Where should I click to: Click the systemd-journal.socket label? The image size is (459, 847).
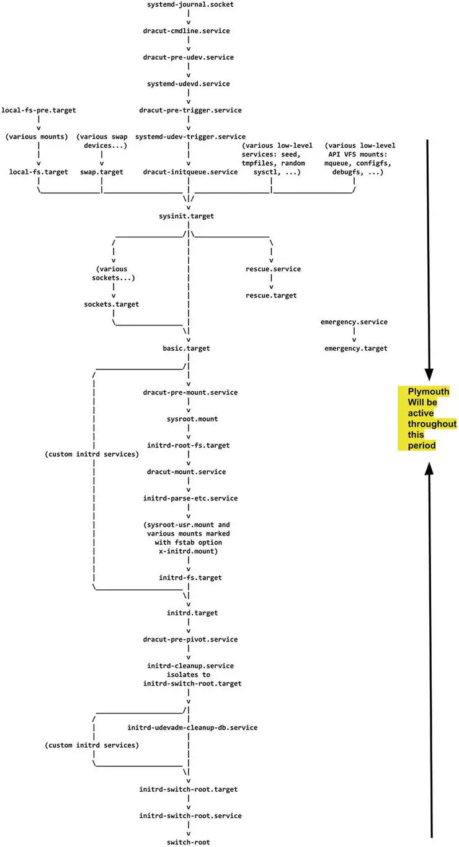coord(187,4)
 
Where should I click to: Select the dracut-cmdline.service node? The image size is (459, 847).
coord(187,30)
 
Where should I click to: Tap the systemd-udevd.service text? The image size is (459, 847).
coord(187,83)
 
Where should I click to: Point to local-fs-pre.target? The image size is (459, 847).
coord(39,110)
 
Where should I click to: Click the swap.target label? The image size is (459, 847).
coord(102,171)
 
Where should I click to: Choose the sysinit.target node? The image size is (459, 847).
coord(187,215)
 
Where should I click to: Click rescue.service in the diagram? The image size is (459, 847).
coord(273,269)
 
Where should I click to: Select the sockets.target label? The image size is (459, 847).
coord(112,304)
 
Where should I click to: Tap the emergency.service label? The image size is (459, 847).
coord(354,322)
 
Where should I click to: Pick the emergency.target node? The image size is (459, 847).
coord(356,348)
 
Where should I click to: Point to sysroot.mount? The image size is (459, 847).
coord(187,419)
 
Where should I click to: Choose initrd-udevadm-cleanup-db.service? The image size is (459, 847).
coord(192,727)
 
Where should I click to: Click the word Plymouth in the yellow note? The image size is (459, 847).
coord(428,391)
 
